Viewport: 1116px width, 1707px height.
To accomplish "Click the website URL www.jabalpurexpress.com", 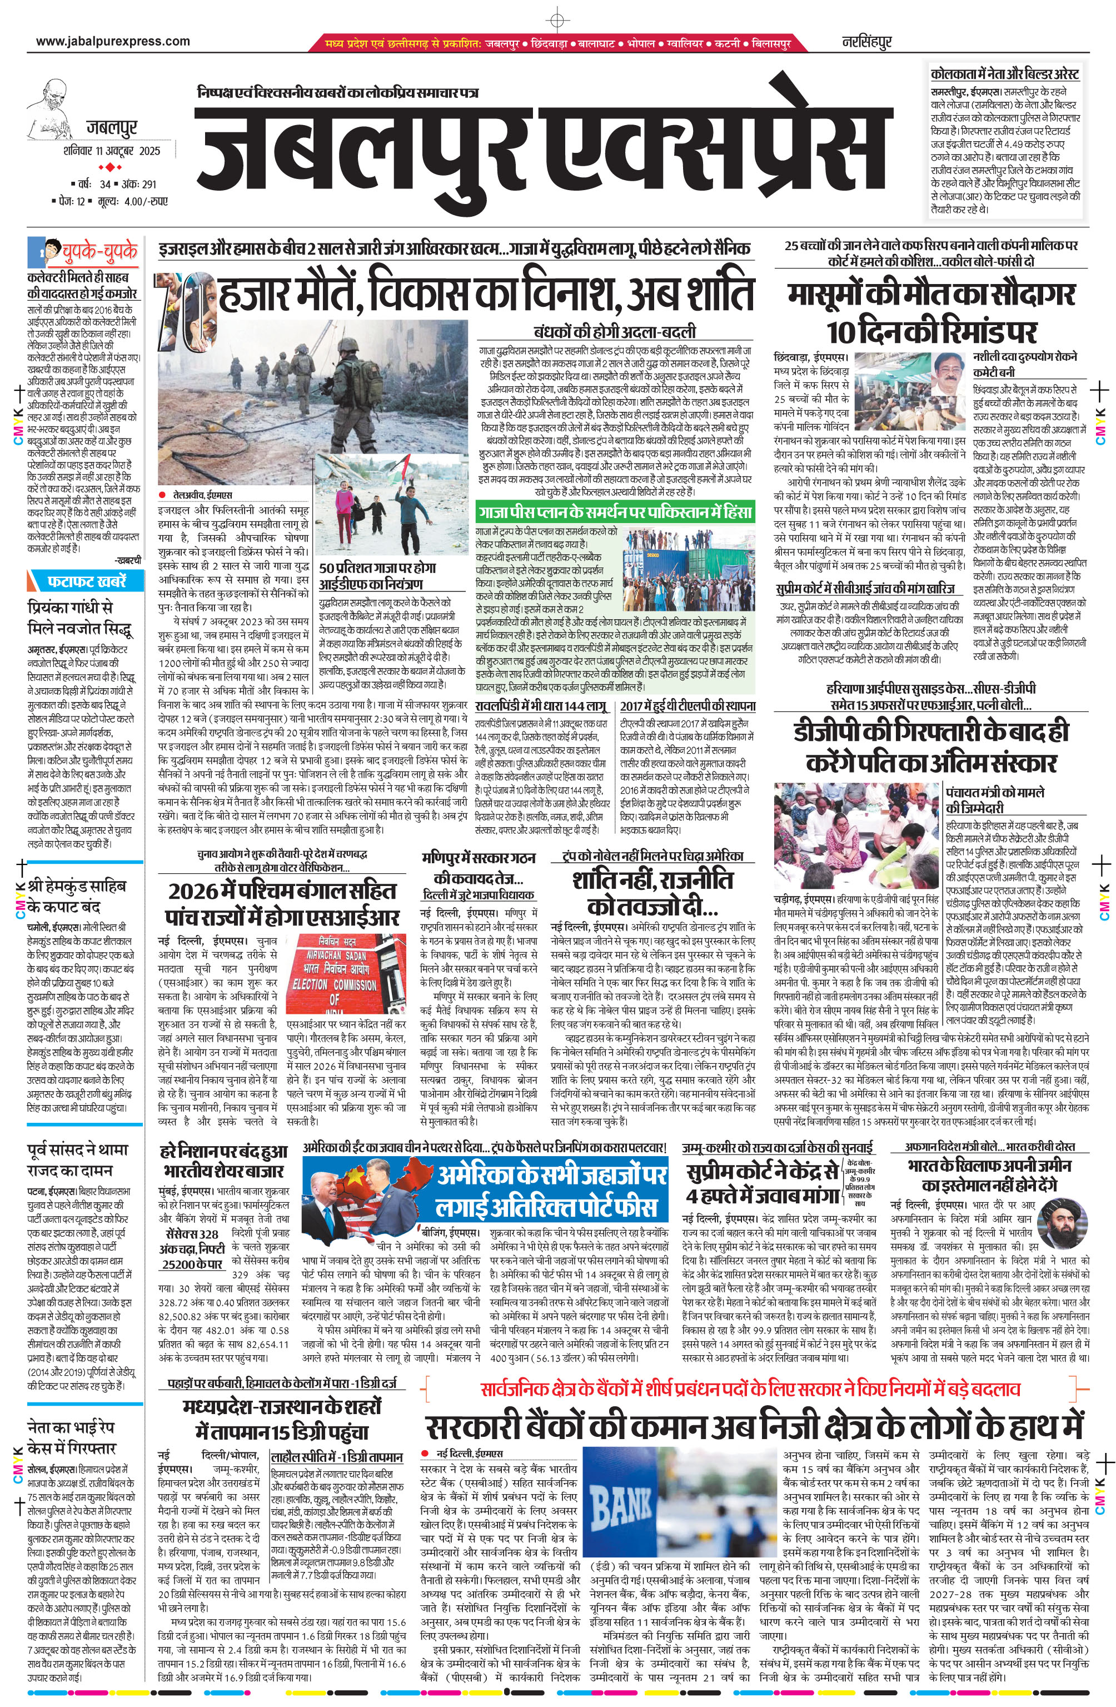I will (113, 42).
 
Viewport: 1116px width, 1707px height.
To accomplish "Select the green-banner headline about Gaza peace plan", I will (615, 512).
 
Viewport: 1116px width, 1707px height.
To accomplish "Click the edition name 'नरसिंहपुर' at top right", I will (866, 42).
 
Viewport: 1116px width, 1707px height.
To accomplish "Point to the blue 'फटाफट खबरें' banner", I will (84, 580).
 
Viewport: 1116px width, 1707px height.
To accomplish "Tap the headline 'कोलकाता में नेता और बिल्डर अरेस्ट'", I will (1004, 74).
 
